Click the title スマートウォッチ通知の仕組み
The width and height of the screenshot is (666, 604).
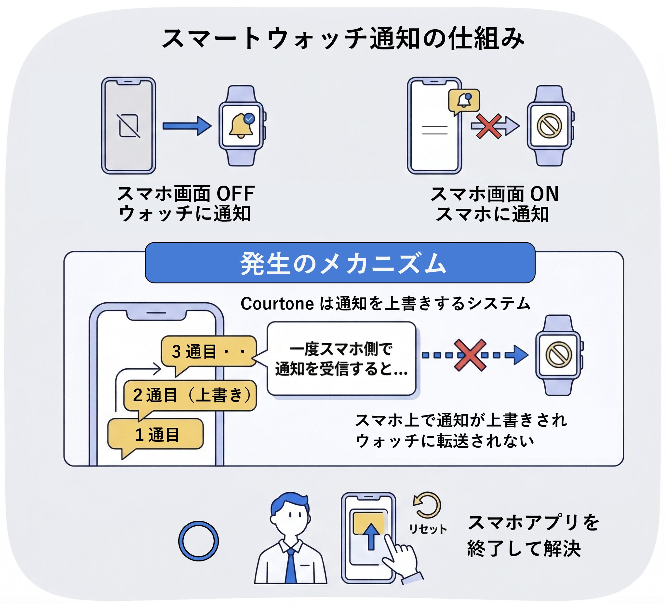pyautogui.click(x=342, y=39)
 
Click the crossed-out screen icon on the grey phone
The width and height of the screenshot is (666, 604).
pyautogui.click(x=129, y=125)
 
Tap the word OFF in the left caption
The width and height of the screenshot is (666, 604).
pyautogui.click(x=235, y=194)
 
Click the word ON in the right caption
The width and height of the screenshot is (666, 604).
pyautogui.click(x=544, y=194)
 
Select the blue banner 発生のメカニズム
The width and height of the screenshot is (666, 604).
pyautogui.click(x=340, y=263)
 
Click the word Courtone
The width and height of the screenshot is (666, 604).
pyautogui.click(x=277, y=304)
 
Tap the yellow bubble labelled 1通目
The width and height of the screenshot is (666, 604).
pyautogui.click(x=155, y=435)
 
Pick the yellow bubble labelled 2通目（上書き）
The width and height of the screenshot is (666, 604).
pyautogui.click(x=190, y=396)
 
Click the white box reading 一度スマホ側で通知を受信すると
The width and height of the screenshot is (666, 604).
pyautogui.click(x=341, y=359)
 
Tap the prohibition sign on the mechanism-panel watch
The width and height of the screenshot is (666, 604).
pyautogui.click(x=559, y=355)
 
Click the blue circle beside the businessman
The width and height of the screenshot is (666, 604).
pyautogui.click(x=199, y=541)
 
